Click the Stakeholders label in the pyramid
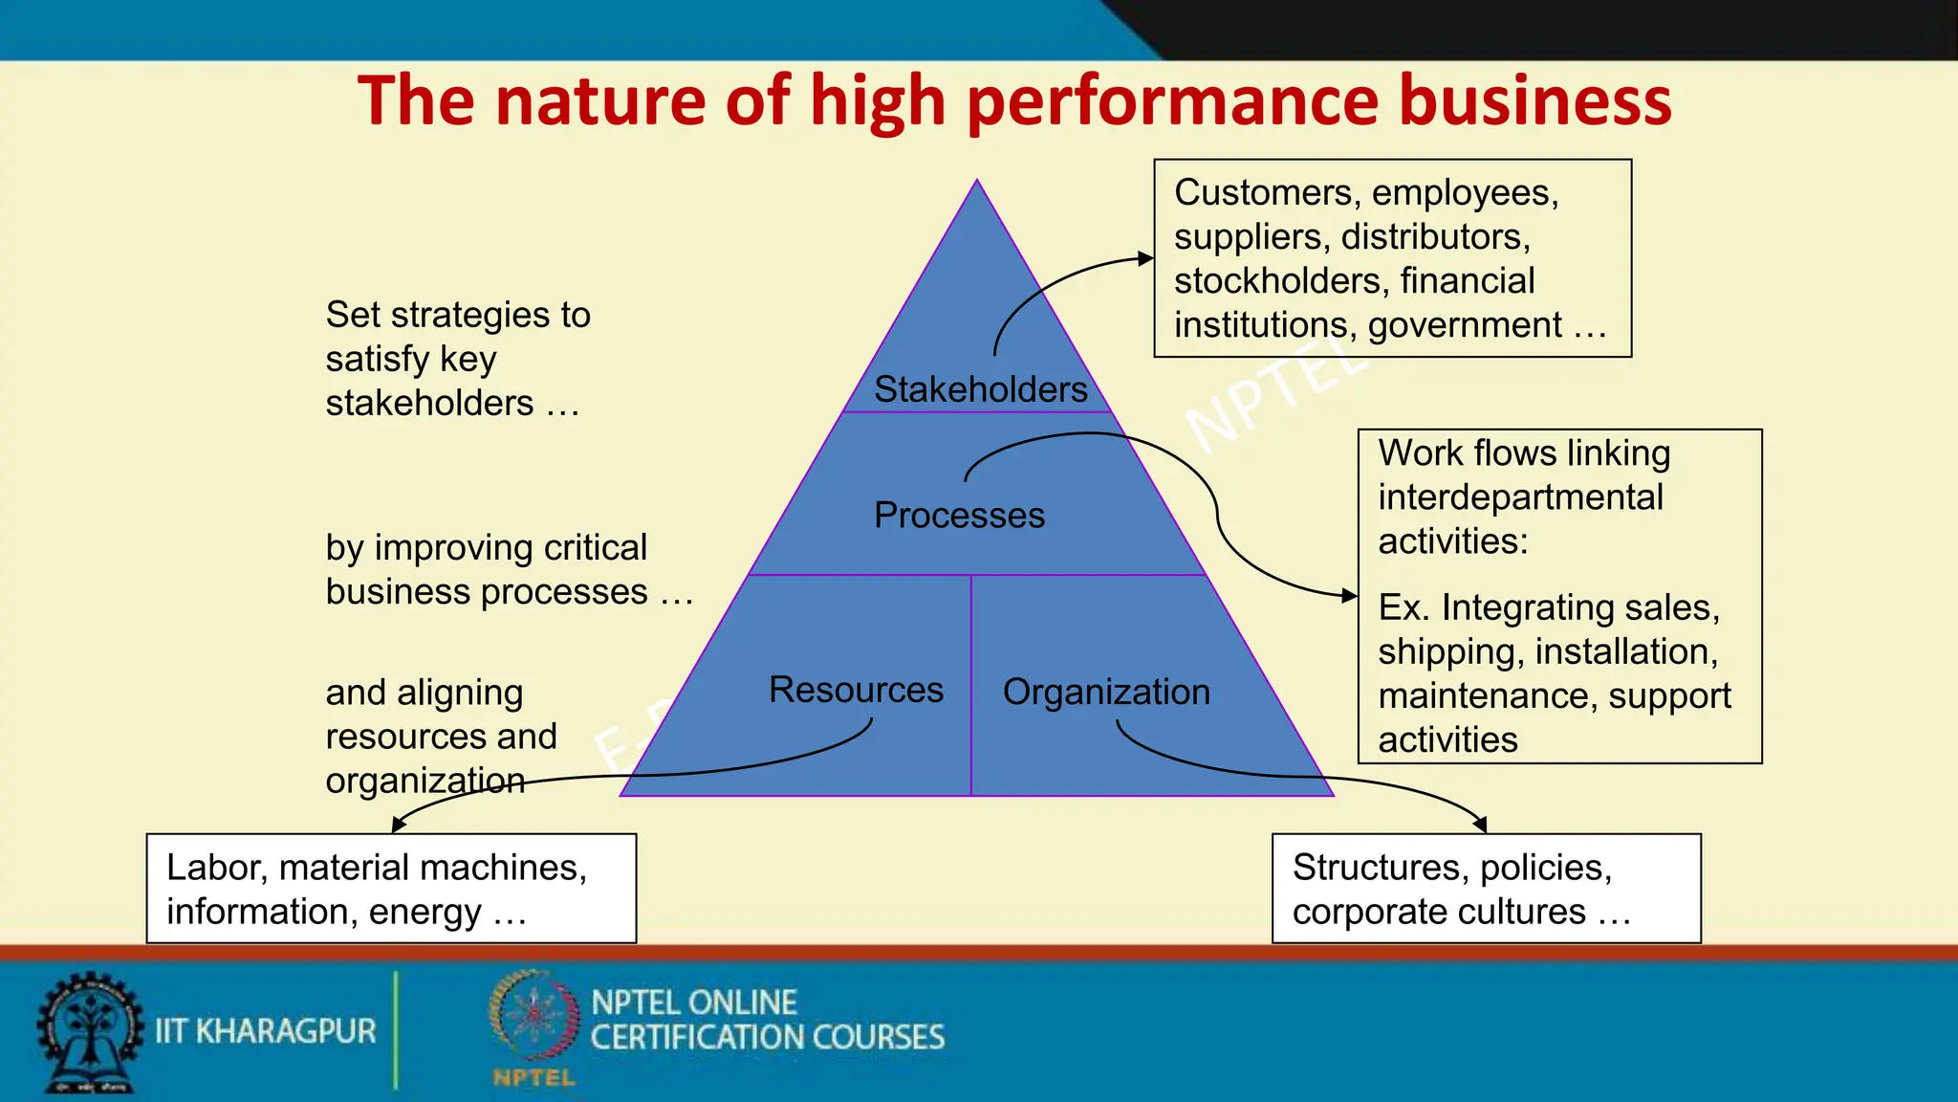[980, 389]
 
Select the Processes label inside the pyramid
[959, 516]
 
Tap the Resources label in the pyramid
[856, 690]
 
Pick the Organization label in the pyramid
[1106, 692]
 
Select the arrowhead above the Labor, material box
[399, 826]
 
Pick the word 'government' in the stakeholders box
[1465, 325]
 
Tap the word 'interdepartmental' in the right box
[1520, 497]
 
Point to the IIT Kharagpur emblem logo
[89, 1031]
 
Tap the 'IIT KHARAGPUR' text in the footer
[266, 1031]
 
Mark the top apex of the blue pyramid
[977, 181]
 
